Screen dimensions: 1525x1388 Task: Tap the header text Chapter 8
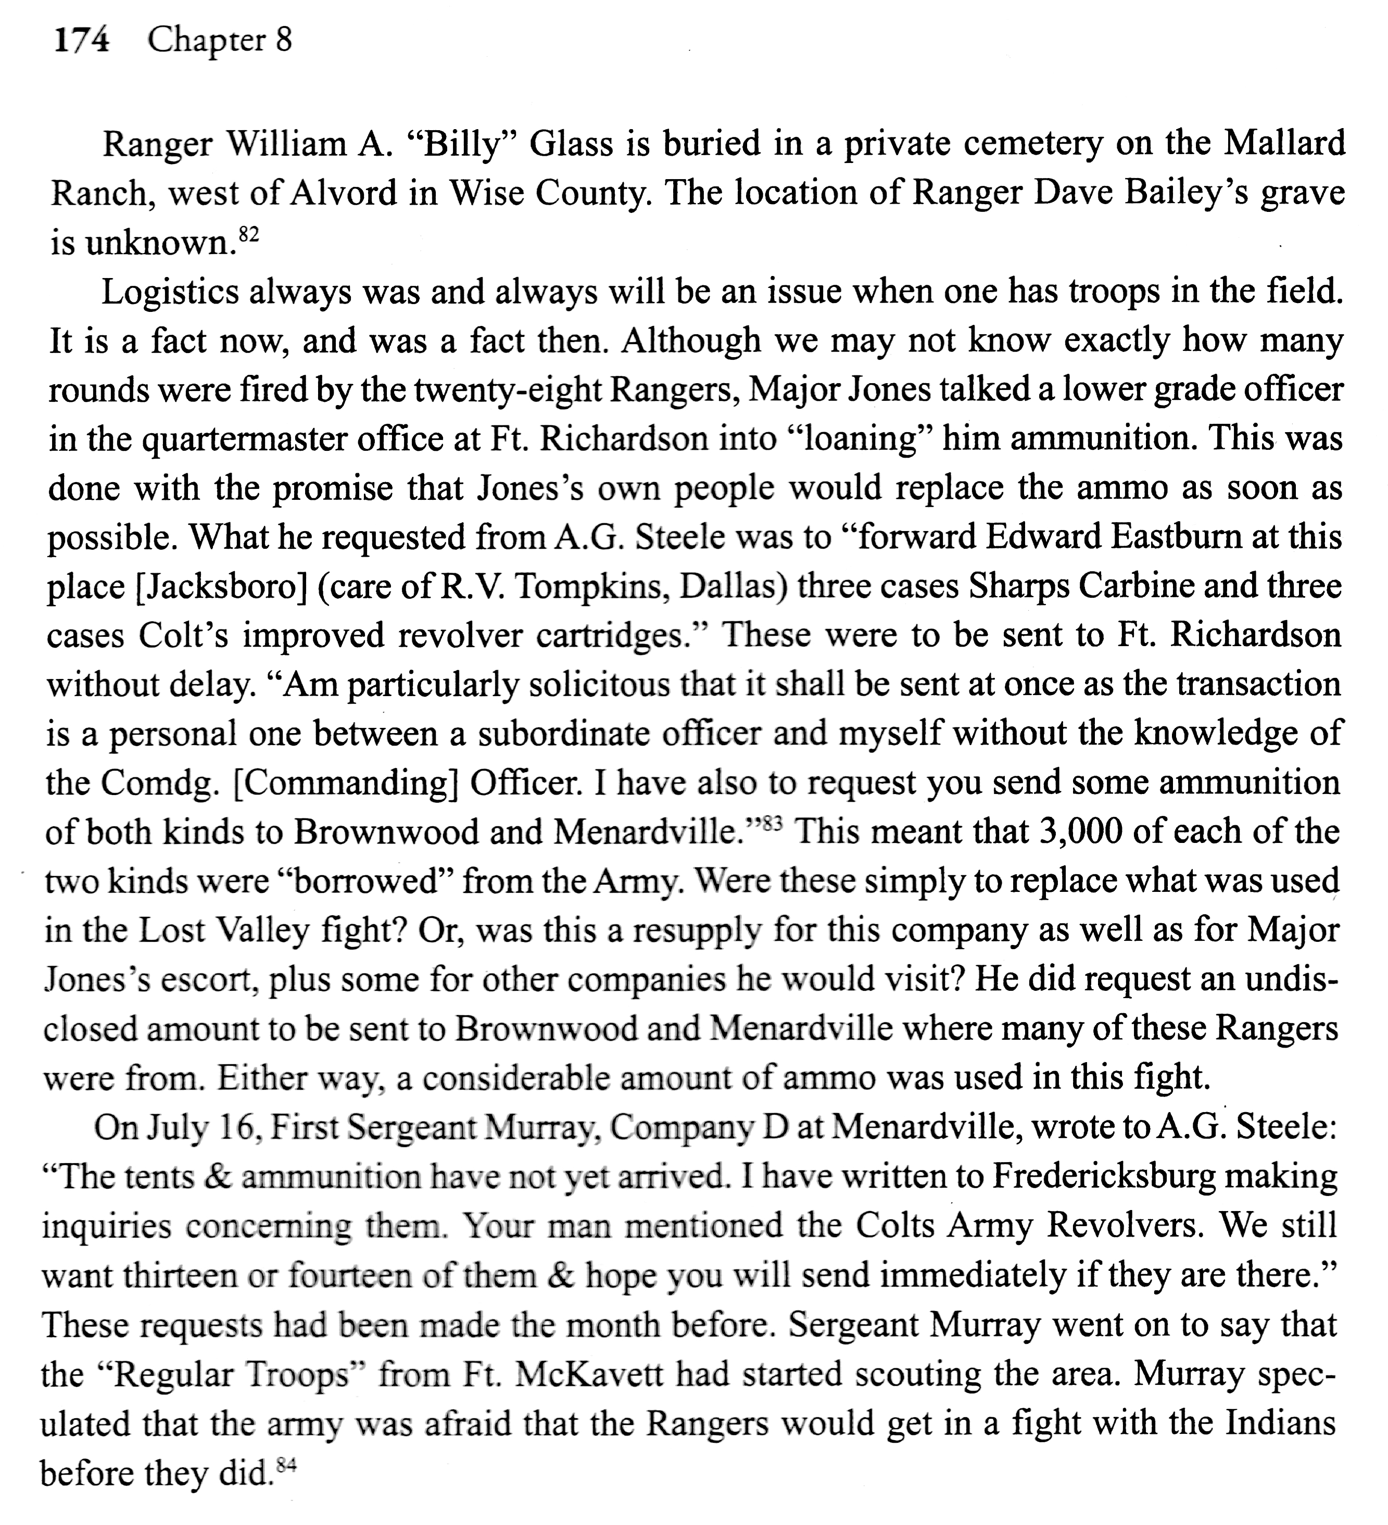tap(219, 40)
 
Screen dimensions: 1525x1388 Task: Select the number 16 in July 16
tap(240, 1129)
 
